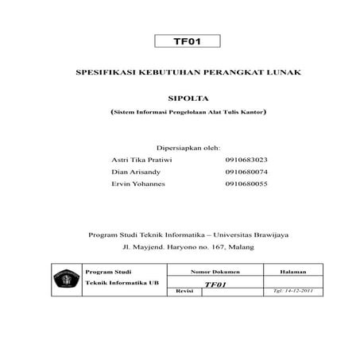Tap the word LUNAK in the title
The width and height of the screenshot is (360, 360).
(x=285, y=72)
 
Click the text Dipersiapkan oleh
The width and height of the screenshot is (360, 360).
(x=188, y=148)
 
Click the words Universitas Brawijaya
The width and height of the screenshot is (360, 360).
(x=254, y=234)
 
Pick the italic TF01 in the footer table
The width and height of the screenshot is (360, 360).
(x=215, y=285)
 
